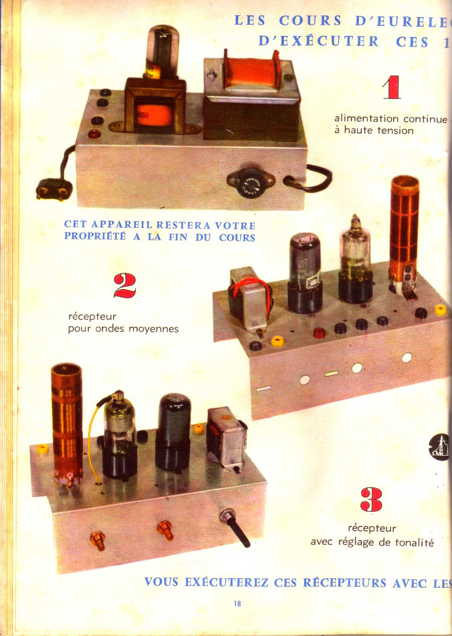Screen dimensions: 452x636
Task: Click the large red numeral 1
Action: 392,87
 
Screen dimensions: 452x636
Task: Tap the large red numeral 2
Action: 124,286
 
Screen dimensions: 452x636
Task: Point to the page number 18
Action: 237,603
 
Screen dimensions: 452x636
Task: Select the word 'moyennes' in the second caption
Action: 154,329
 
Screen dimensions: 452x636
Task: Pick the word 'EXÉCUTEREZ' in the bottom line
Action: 226,582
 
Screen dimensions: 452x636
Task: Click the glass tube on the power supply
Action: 162,51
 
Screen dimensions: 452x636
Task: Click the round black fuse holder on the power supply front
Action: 251,183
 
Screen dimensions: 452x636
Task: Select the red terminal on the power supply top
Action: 94,134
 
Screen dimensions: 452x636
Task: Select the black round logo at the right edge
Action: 439,447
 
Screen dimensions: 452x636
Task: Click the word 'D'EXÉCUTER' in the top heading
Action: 318,41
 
